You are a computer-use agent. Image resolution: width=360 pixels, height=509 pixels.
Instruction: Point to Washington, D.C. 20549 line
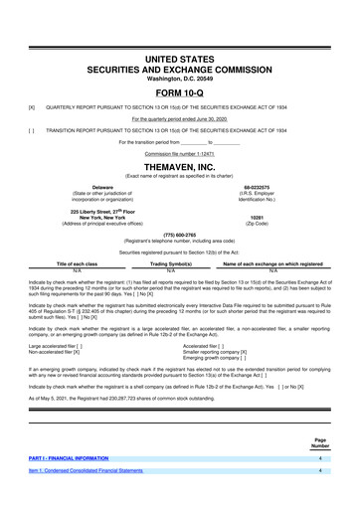(179, 50)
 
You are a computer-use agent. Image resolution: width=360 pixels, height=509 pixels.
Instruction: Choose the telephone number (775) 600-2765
(179, 235)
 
